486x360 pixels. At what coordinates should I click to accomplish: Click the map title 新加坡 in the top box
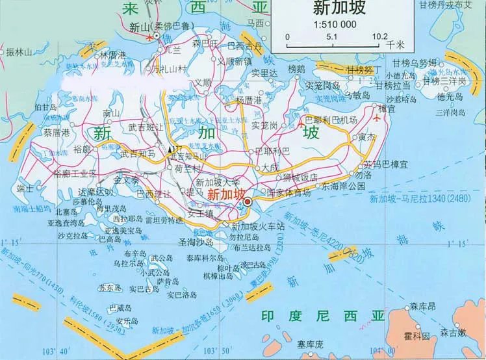click(339, 8)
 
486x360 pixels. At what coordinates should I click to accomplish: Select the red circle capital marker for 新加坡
click(248, 203)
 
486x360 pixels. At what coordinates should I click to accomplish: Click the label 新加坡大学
click(218, 183)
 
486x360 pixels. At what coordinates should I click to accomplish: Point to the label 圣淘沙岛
click(196, 241)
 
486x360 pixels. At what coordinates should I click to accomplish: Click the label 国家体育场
click(288, 193)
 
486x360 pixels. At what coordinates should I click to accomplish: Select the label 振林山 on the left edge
click(18, 51)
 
